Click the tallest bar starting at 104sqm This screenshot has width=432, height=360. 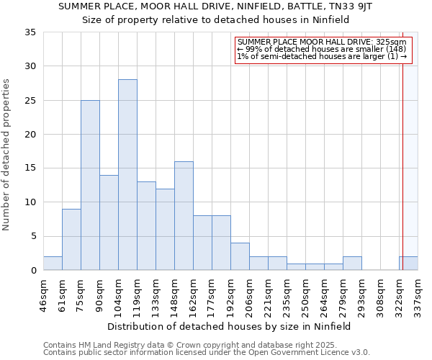tap(127, 174)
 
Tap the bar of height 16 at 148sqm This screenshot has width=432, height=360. tap(184, 215)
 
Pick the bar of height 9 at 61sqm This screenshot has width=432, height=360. tap(71, 239)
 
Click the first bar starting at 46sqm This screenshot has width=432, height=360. tap(53, 263)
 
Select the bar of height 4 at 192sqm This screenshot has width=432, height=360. tap(240, 256)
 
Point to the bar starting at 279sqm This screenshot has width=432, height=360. tap(352, 263)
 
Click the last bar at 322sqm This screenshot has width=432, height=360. tap(408, 263)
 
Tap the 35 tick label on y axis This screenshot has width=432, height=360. tap(30, 32)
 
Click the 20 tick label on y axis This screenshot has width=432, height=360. tap(30, 134)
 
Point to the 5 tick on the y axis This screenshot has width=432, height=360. tap(32, 236)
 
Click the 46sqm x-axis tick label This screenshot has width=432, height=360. tap(44, 295)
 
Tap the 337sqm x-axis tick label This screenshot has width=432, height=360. tap(418, 295)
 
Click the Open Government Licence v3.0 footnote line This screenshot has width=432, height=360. tap(207, 352)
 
